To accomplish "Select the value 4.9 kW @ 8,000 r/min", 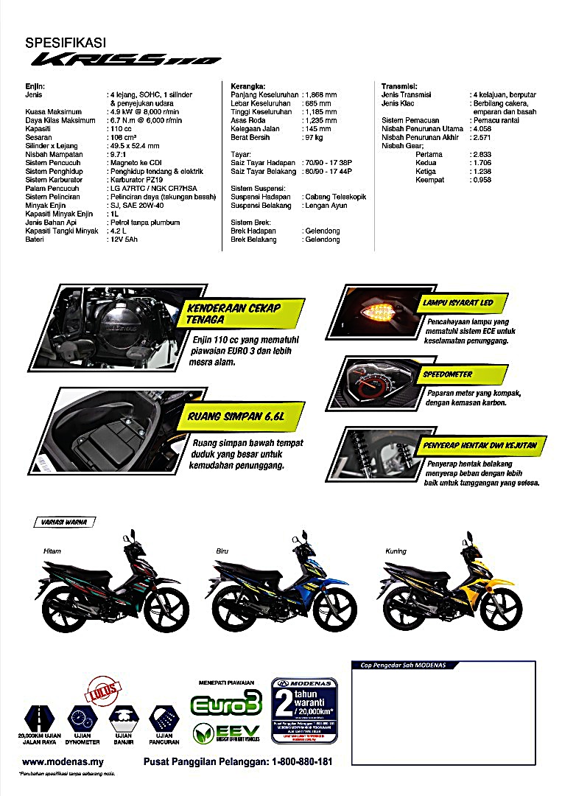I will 145,112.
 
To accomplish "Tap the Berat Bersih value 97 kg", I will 313,138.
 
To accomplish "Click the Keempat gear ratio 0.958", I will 482,180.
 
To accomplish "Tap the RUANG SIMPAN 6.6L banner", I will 236,417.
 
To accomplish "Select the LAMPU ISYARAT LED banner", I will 457,303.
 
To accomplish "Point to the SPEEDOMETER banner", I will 448,374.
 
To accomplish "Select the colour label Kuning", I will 396,551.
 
